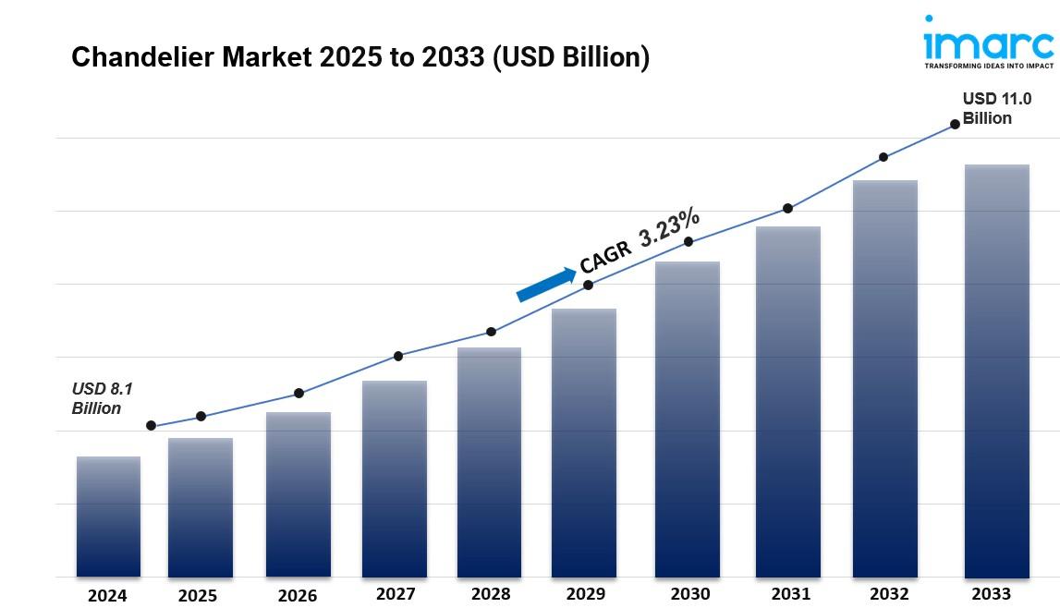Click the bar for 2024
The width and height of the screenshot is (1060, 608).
(108, 517)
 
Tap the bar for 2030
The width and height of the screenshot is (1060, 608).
(688, 420)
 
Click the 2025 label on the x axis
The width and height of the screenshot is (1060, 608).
(197, 596)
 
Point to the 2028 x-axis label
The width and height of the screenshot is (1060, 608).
(490, 594)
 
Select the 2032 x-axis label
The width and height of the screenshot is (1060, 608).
(888, 593)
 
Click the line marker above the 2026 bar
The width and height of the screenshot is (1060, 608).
(299, 394)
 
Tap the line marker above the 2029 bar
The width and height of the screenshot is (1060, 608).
(588, 285)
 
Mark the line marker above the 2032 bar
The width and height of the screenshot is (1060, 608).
(883, 157)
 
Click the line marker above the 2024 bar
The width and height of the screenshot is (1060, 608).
(151, 426)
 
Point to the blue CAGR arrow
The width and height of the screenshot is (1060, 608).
(545, 285)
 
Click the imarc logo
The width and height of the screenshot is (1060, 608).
(988, 43)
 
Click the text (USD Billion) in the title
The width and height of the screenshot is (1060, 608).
(571, 57)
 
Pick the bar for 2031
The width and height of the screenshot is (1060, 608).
(787, 402)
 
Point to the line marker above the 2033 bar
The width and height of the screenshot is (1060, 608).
(955, 124)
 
